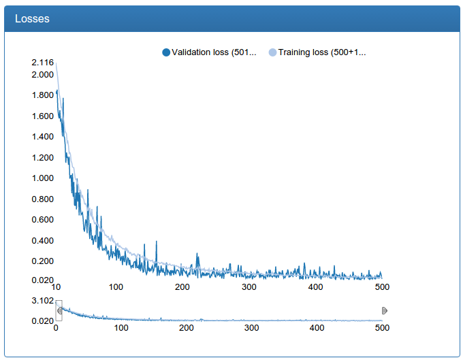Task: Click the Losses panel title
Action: [x=32, y=19]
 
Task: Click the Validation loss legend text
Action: [x=213, y=52]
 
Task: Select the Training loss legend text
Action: [x=322, y=52]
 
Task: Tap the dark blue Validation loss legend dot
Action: [x=166, y=52]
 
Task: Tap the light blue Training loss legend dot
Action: [x=273, y=52]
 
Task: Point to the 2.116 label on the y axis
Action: [x=42, y=63]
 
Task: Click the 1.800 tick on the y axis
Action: [x=42, y=95]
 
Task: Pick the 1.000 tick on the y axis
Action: [x=42, y=178]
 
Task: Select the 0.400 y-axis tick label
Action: [x=42, y=241]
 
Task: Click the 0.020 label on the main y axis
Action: [x=42, y=280]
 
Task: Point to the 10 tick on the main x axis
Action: [x=56, y=287]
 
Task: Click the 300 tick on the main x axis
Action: [x=249, y=287]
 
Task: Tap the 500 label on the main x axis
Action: [x=381, y=287]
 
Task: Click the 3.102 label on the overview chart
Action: [x=42, y=301]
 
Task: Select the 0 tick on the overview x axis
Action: [x=56, y=328]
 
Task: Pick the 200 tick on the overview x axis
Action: [x=187, y=328]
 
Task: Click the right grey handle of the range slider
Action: [x=385, y=310]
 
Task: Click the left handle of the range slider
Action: [x=59, y=310]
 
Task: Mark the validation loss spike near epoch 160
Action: [x=157, y=242]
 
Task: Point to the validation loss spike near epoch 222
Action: [x=197, y=255]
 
